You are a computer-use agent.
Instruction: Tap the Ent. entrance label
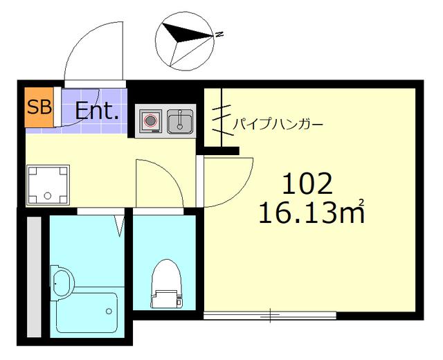click(97, 111)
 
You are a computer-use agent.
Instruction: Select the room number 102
click(307, 183)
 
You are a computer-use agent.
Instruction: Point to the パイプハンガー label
click(277, 125)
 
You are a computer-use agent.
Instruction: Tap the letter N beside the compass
click(219, 33)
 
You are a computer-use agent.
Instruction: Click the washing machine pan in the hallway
click(48, 185)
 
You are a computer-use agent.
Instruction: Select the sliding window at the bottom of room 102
click(270, 316)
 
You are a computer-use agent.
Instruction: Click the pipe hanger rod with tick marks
click(221, 118)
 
